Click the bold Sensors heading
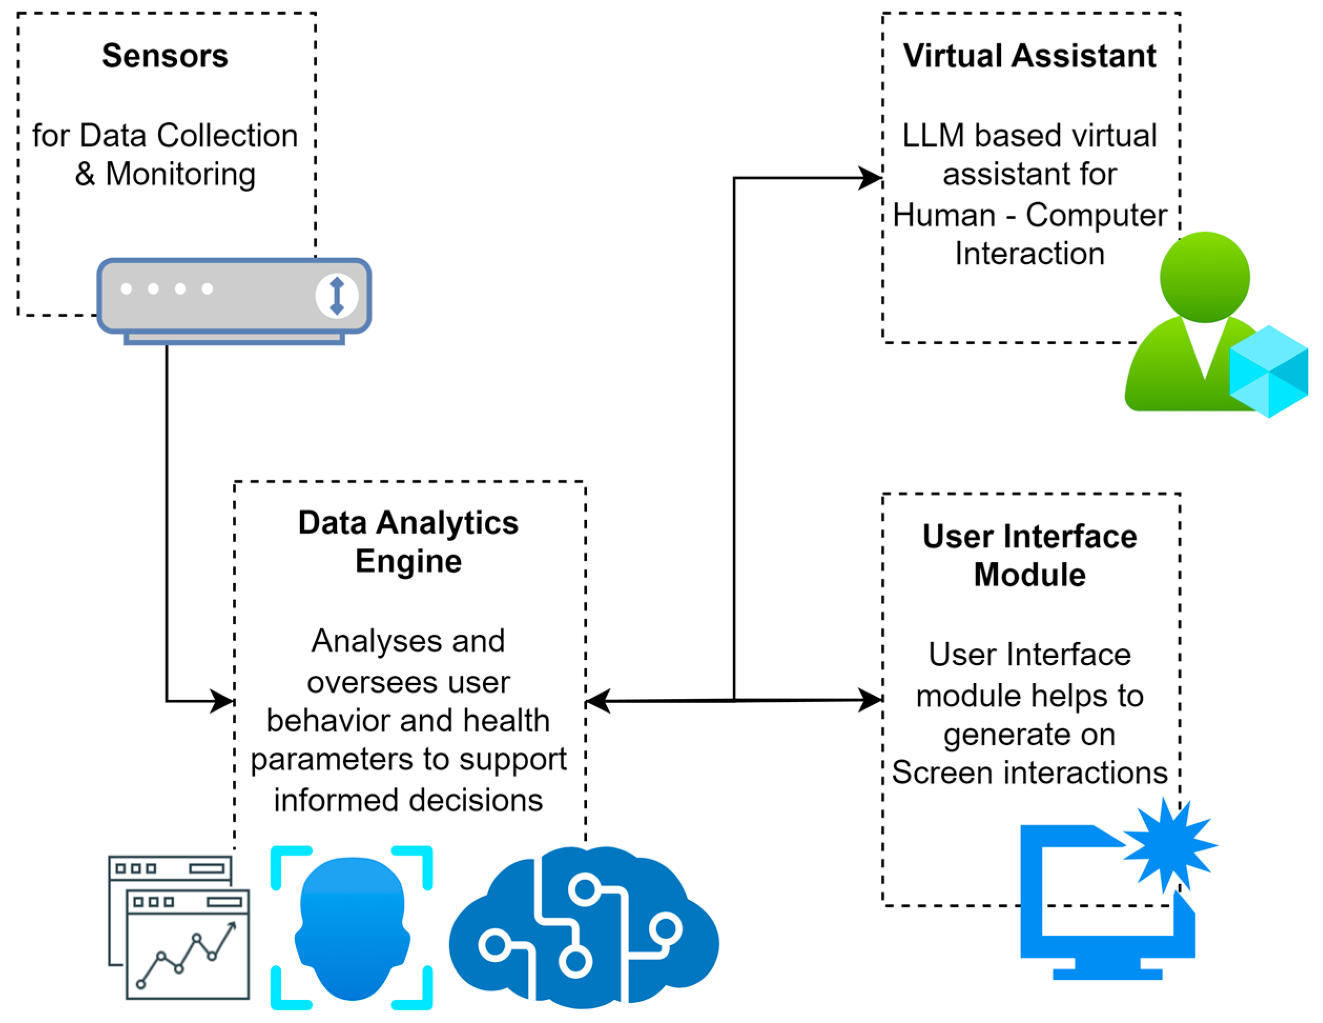coord(165,56)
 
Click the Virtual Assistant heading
coord(1029,56)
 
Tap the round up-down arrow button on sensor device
coord(337,296)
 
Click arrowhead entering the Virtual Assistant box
coord(871,178)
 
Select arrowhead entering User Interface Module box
coord(871,699)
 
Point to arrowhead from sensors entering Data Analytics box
coord(222,701)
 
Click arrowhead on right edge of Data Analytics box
coord(598,701)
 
